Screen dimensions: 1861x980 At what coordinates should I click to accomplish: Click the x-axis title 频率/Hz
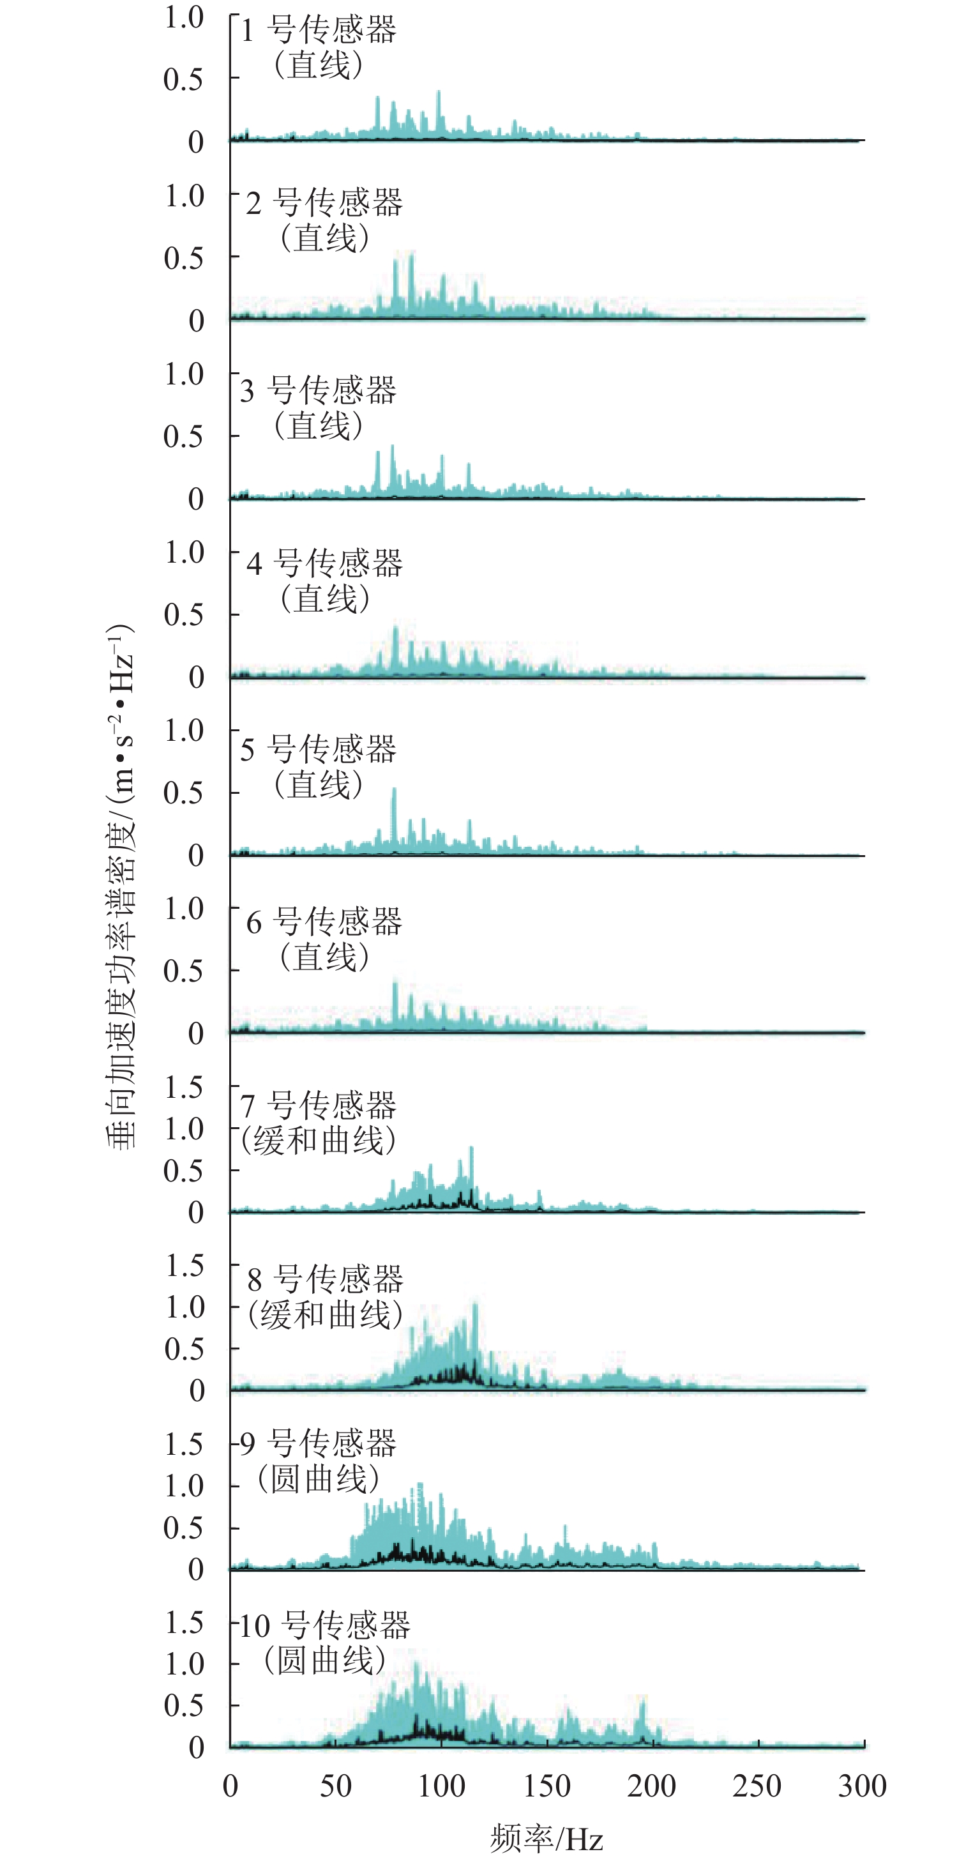coord(546,1839)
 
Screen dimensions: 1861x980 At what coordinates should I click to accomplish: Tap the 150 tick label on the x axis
coord(547,1786)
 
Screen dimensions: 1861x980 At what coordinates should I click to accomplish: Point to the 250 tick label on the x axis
coord(757,1786)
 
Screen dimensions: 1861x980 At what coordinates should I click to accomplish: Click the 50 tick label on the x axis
coord(336,1786)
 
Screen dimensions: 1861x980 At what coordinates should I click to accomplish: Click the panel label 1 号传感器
coord(319,31)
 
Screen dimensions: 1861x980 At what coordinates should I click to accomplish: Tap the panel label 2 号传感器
coord(324,203)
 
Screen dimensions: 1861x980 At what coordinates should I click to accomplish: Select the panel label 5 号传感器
coord(319,749)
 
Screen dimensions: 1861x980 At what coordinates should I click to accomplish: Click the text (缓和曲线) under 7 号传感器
coord(319,1141)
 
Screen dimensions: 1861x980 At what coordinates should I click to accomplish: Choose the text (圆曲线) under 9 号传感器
coord(319,1479)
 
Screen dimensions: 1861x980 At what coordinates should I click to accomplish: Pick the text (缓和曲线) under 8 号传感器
coord(325,1314)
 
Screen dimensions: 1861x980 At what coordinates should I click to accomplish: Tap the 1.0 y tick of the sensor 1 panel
coord(184,17)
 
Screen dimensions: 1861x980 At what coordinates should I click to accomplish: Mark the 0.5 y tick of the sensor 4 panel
coord(184,615)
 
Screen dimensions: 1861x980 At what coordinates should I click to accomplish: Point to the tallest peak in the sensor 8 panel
coord(474,1305)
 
